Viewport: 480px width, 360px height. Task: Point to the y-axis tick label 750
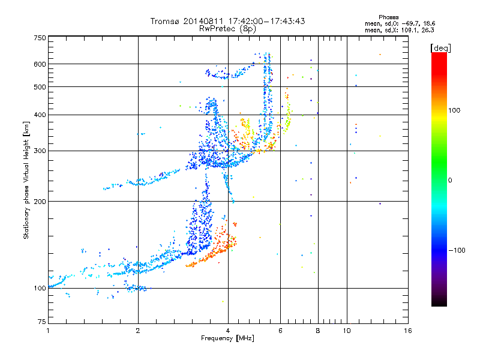(x=40, y=37)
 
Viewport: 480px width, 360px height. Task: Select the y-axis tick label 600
(x=40, y=64)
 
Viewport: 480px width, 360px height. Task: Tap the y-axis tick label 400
(x=40, y=115)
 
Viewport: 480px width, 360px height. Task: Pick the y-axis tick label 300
(x=40, y=151)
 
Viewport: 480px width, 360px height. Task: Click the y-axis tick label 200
(x=40, y=202)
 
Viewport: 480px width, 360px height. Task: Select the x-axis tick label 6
(x=280, y=331)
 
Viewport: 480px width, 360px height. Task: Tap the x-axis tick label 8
(x=318, y=331)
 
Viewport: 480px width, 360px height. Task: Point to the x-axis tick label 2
(x=138, y=331)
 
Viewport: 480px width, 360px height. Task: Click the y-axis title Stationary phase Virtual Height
(x=26, y=180)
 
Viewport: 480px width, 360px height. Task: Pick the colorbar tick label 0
(x=451, y=180)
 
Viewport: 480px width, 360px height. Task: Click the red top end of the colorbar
(x=439, y=55)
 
